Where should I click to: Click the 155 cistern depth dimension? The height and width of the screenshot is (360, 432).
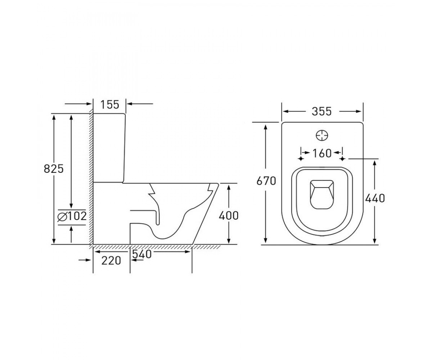coord(110,104)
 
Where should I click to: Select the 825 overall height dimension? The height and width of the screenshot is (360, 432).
coord(54,169)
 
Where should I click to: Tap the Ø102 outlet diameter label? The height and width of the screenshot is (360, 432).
coord(72,217)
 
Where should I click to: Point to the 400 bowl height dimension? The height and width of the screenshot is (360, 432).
coord(229,216)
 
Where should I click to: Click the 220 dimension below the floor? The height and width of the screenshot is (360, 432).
coord(111,261)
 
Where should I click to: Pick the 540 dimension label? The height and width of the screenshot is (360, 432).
coord(142,254)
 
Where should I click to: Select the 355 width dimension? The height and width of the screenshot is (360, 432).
coord(322,112)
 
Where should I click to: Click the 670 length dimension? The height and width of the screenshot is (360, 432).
coord(266,181)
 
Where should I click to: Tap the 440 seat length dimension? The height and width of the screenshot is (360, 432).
coord(375,198)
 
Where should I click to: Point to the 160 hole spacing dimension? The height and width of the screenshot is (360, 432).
coord(322,153)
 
